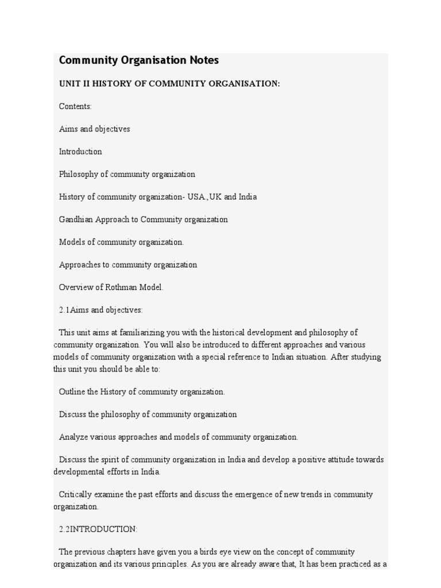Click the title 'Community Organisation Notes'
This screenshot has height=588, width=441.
(x=138, y=60)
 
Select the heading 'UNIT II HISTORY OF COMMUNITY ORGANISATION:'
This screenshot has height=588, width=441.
(x=169, y=84)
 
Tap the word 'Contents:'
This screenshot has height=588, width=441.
(x=75, y=106)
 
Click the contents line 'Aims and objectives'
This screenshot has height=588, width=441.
(x=94, y=129)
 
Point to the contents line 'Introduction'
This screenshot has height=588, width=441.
(x=80, y=152)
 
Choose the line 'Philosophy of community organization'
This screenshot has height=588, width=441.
(x=127, y=174)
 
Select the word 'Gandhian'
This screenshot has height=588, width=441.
(x=76, y=219)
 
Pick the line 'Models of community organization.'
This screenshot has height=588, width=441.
(x=121, y=242)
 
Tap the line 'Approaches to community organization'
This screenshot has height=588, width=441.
(x=127, y=265)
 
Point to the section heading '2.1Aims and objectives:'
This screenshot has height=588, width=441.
(x=100, y=310)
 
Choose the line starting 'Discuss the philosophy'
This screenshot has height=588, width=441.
(x=148, y=414)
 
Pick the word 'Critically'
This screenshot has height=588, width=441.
(x=75, y=494)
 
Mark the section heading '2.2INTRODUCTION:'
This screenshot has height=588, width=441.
(x=98, y=529)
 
